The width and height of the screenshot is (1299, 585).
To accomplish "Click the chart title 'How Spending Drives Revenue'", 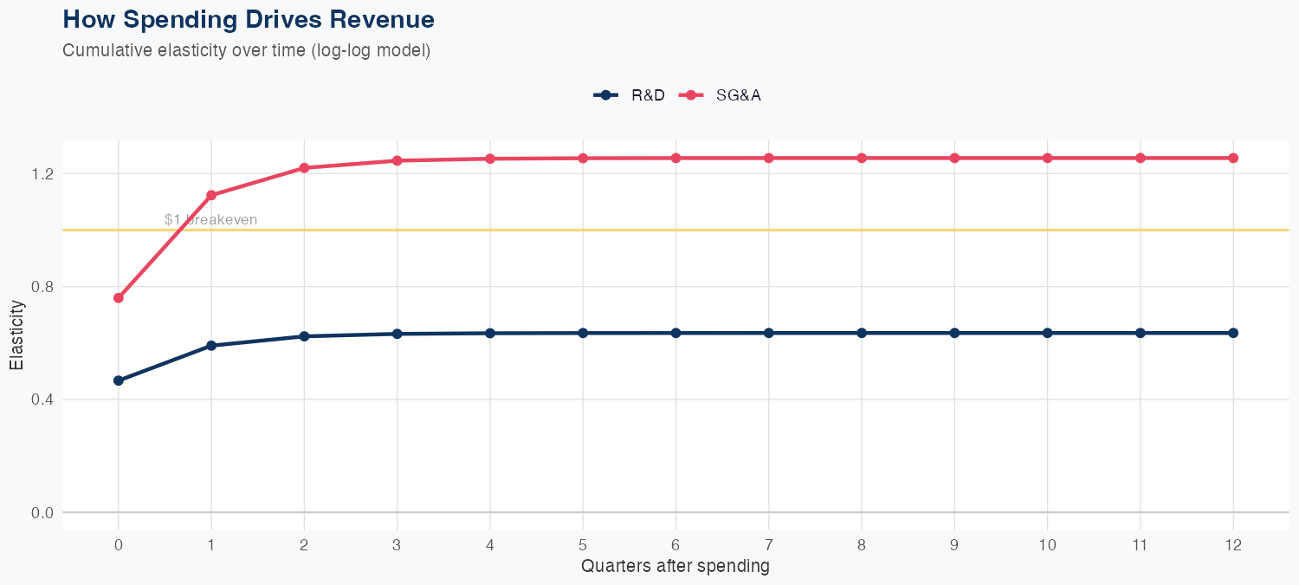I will click(249, 19).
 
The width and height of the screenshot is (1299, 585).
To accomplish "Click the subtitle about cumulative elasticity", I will click(246, 50).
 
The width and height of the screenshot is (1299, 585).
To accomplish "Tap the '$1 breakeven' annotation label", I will click(210, 220).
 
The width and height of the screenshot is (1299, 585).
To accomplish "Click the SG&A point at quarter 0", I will click(119, 298).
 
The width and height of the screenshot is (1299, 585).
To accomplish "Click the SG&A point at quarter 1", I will click(211, 195).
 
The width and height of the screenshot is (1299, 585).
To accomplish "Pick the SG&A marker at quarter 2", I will click(304, 168).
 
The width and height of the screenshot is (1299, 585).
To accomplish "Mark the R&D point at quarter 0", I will click(119, 380).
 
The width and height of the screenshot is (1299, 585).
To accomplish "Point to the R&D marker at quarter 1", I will click(211, 346).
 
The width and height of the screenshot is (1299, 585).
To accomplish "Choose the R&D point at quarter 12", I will click(1233, 333).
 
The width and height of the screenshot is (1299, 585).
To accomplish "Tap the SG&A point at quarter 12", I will click(1233, 158).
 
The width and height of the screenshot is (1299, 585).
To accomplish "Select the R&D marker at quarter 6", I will click(675, 333).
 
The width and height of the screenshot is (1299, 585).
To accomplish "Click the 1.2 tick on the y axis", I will click(42, 174).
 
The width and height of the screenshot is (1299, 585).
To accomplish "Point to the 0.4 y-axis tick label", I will click(42, 400).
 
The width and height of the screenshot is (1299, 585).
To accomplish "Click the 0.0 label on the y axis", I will click(42, 513).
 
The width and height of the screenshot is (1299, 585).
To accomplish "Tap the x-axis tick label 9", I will click(954, 546).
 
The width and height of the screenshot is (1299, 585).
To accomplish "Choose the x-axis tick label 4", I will click(490, 546).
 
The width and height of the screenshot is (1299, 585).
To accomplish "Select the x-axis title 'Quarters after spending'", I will click(675, 567).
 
